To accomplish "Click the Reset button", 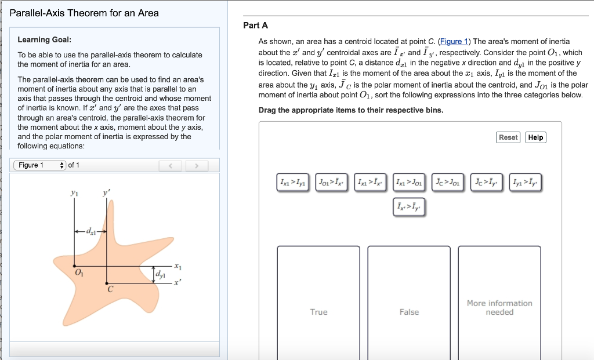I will pos(508,137).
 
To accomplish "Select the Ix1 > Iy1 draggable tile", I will pos(295,183).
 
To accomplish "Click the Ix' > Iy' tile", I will pos(410,206).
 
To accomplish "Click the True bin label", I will pos(318,312).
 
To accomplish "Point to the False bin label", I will pos(409,312).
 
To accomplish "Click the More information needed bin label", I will pos(499,307).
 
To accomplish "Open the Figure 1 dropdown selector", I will pos(41,165).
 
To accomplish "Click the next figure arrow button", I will pos(197,166).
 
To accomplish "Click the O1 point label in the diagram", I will pos(79,274).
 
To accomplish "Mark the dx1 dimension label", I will pos(92,231).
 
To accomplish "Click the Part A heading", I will pos(255,26).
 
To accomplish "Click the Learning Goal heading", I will pos(45,39).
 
